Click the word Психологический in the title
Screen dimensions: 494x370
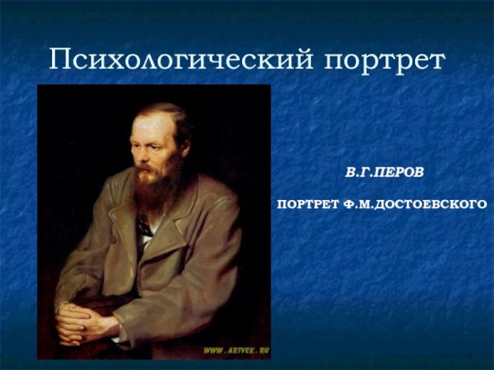[x=181, y=59]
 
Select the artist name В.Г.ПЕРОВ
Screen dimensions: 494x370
[x=384, y=173]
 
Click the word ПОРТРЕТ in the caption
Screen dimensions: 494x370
[x=308, y=205]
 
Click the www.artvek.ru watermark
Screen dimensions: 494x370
[x=236, y=350]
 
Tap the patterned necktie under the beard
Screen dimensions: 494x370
[x=144, y=226]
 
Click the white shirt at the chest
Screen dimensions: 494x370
[x=147, y=240]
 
